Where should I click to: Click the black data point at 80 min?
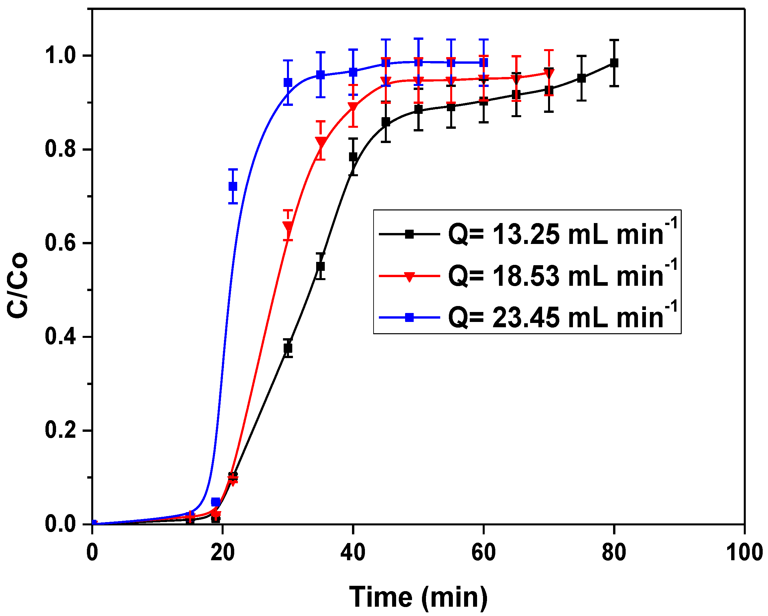[x=614, y=63]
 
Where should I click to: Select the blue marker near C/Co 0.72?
[x=233, y=186]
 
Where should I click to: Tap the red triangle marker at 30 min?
[x=288, y=226]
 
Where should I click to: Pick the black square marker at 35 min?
[x=320, y=266]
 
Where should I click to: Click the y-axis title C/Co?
[x=17, y=285]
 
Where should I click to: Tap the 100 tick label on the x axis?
[x=744, y=553]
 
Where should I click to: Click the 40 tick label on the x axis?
[x=353, y=553]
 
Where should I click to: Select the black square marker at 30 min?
[x=288, y=348]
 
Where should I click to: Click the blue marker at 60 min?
[x=483, y=63]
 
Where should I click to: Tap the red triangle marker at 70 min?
[x=549, y=73]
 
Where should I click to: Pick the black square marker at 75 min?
[x=581, y=78]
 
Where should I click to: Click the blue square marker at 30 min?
[x=288, y=83]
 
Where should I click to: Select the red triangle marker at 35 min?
[x=320, y=142]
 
